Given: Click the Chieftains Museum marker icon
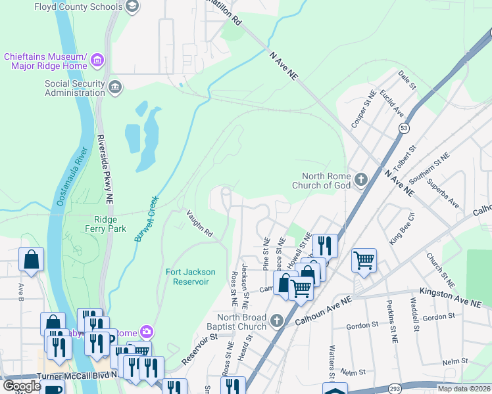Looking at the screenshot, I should coord(97,61).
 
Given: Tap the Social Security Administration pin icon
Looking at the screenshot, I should coord(114,88).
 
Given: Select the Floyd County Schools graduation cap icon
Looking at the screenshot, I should coord(132,7).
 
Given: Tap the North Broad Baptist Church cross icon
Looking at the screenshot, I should coord(277,321).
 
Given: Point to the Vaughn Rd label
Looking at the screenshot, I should coord(199,223).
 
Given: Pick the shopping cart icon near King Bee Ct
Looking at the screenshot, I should coord(364,260).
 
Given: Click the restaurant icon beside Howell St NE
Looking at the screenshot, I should coord(325,246).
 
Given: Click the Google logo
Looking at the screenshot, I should coord(22,386).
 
